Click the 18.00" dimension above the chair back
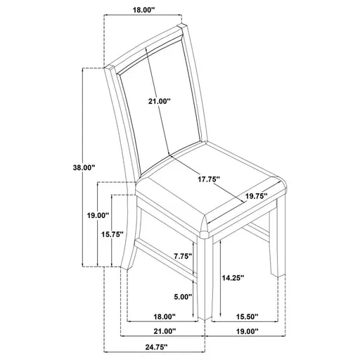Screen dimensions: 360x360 click(x=143, y=10)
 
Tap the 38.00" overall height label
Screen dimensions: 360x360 click(x=84, y=167)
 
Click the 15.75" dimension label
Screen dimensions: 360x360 click(x=112, y=234)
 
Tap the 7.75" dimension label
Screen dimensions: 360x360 click(x=182, y=257)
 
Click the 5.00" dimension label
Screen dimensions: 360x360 click(x=181, y=297)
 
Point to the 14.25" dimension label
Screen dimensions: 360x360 click(x=232, y=278)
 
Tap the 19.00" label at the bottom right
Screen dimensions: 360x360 click(x=246, y=331)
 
